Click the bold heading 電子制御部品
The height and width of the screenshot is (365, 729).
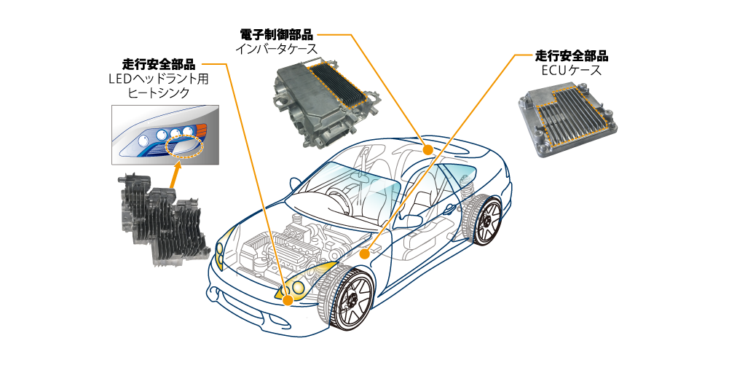[276, 34]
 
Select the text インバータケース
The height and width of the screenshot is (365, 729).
[276, 49]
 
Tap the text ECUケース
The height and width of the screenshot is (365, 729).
[571, 71]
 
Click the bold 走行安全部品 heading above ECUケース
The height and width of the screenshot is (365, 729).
[572, 56]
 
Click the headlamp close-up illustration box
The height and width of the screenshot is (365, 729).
[163, 135]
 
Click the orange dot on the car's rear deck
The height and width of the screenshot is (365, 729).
[428, 150]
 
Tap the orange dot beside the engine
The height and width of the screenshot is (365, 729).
[363, 254]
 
